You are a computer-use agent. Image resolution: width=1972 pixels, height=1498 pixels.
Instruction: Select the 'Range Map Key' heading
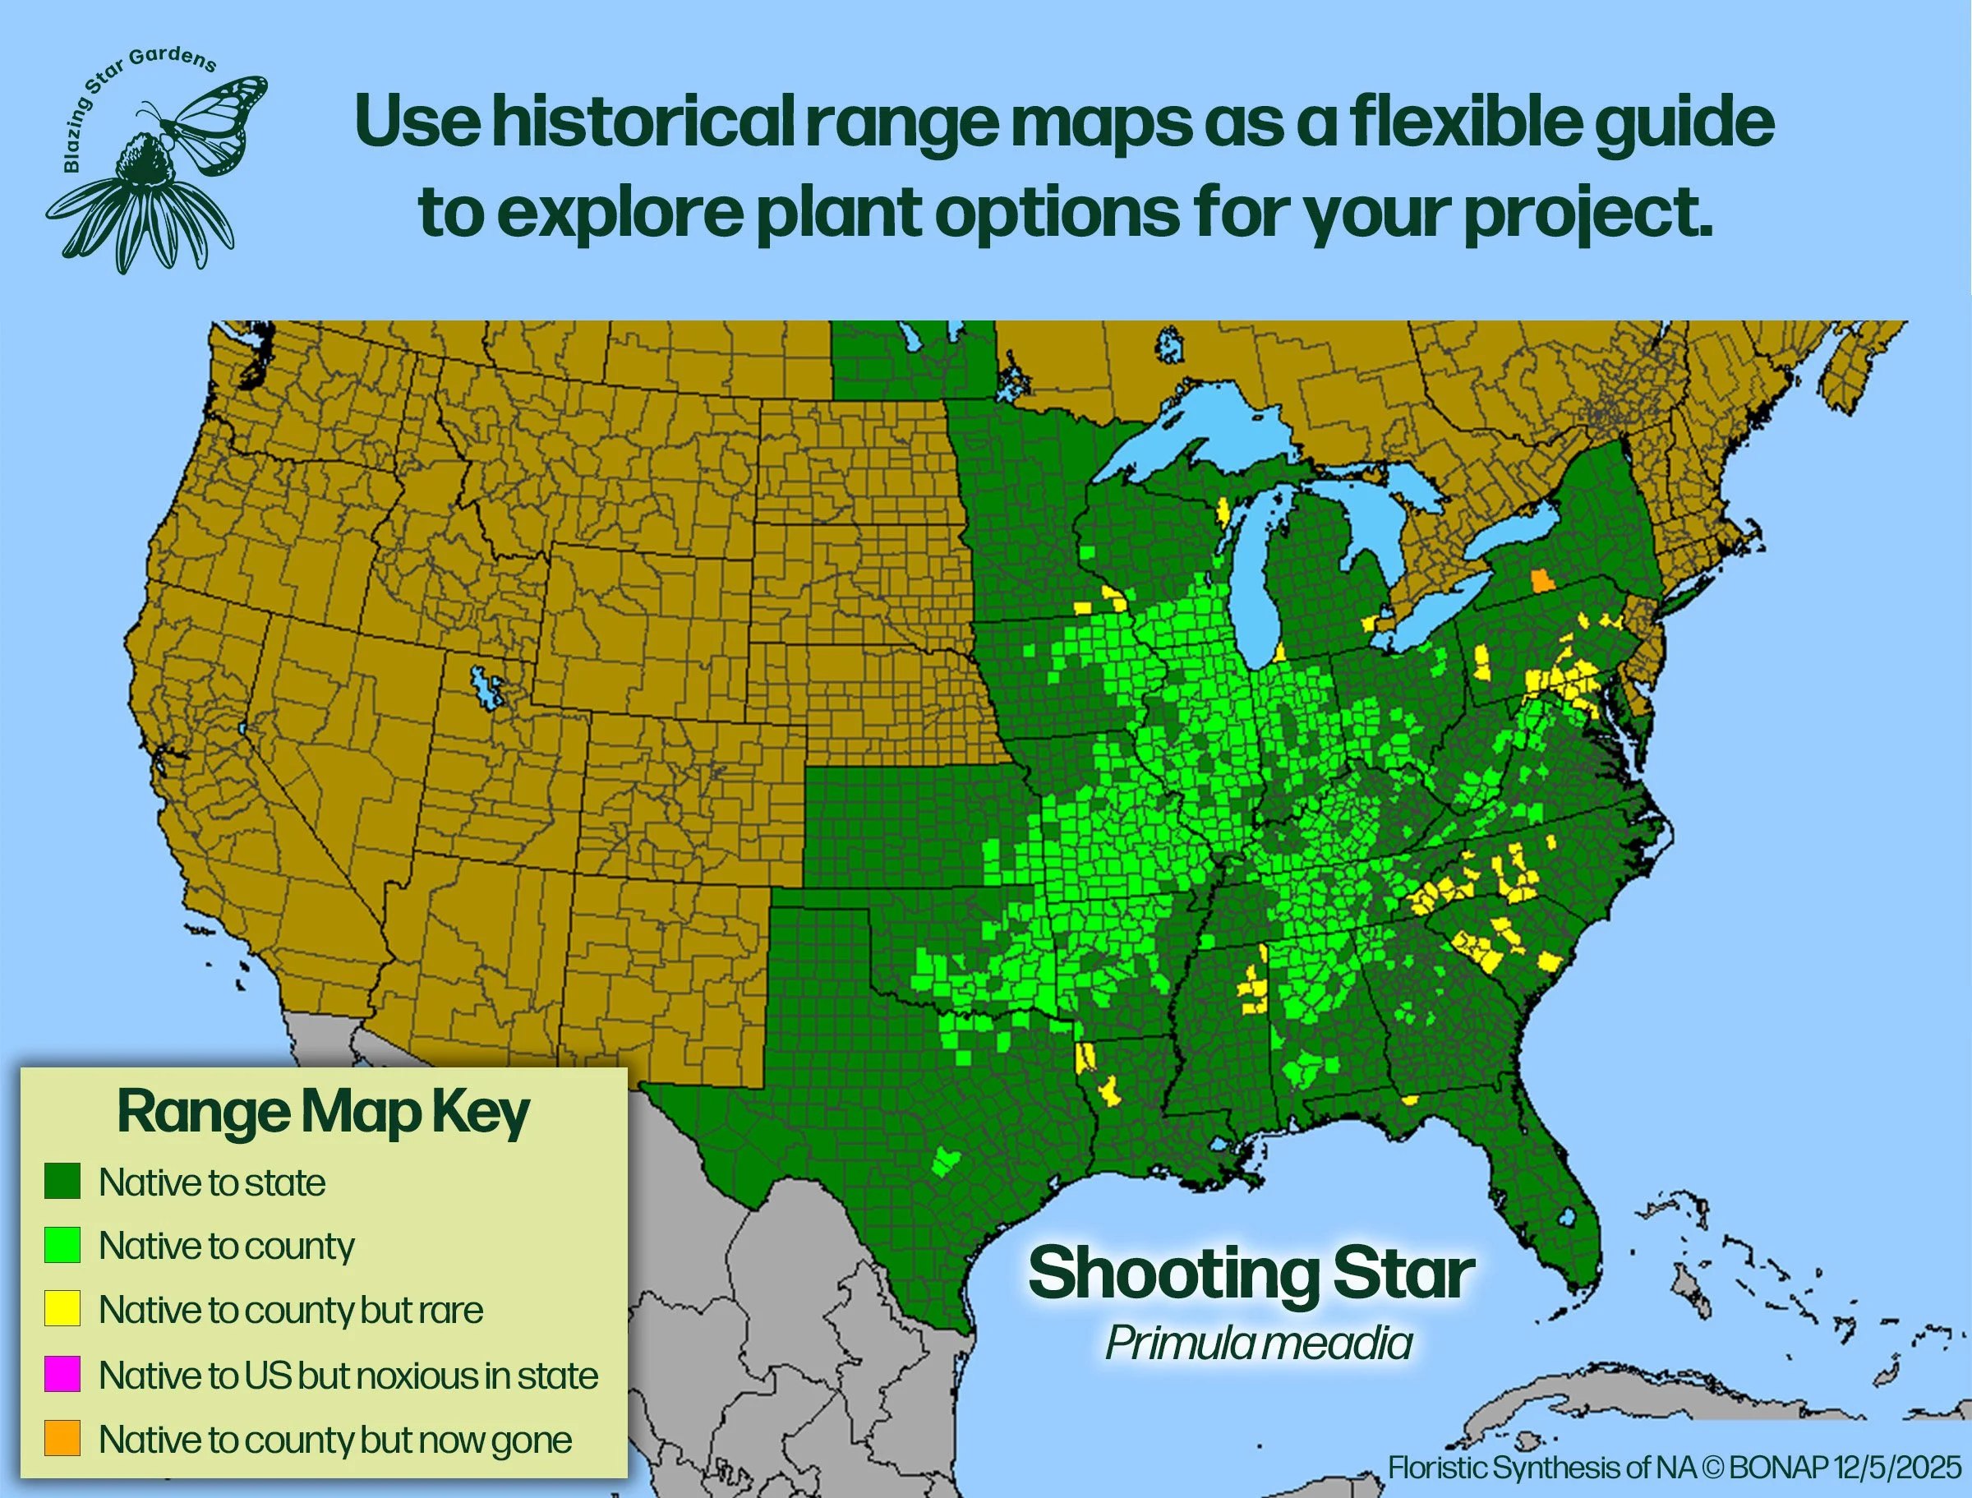323,1113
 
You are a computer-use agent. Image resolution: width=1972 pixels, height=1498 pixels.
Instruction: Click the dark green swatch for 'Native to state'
62,1182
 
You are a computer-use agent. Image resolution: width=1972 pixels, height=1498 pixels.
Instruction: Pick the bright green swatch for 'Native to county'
62,1245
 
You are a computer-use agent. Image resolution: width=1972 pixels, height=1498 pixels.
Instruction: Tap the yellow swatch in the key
62,1309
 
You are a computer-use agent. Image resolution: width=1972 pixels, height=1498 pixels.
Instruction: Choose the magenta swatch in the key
62,1374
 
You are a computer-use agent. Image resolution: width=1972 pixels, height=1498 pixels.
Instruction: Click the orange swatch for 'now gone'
62,1438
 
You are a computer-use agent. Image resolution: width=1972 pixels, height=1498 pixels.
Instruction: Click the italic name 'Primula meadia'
1258,1343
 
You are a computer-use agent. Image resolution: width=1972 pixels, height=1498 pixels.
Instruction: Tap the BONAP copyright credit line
1675,1467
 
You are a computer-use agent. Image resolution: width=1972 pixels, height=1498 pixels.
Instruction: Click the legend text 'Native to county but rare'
291,1310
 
